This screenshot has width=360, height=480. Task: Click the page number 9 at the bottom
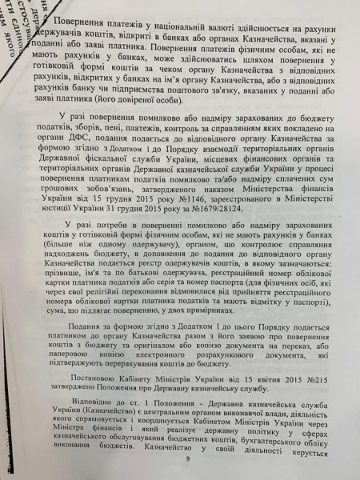pos(187,458)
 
